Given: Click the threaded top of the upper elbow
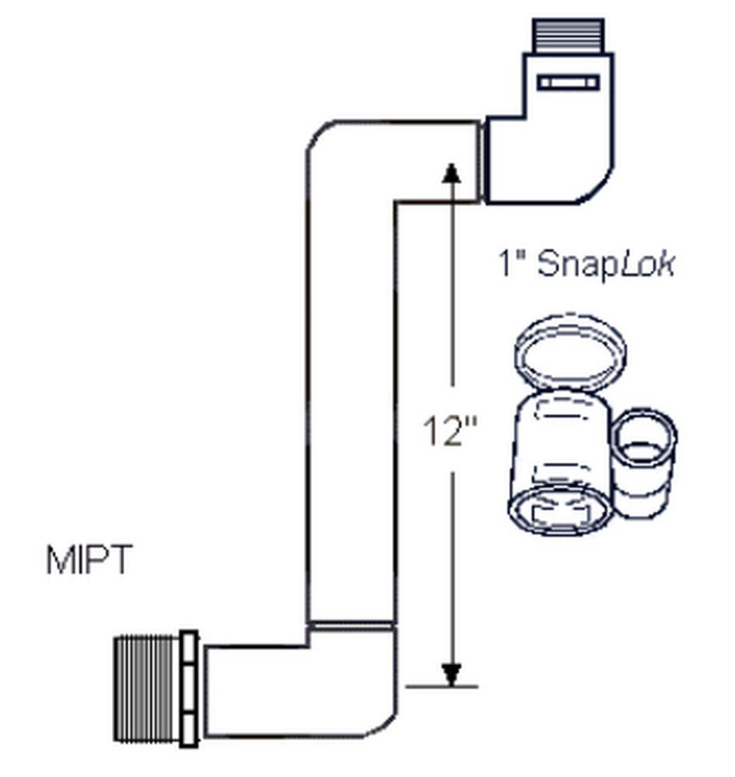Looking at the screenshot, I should (568, 36).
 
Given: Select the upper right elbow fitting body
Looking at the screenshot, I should (552, 155).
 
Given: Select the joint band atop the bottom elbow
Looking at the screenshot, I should (350, 624).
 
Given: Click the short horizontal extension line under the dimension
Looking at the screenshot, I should (441, 687).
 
